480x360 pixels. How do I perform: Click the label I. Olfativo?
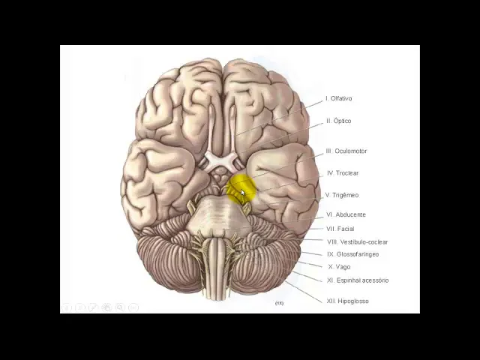click(339, 98)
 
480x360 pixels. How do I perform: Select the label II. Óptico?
click(338, 121)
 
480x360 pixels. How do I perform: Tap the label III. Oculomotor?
click(346, 151)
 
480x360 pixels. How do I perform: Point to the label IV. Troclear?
click(343, 173)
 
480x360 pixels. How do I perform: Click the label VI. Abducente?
click(346, 214)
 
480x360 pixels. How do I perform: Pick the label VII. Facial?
click(340, 229)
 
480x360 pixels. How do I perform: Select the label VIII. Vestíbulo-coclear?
click(357, 241)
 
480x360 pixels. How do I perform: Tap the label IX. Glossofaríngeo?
click(352, 254)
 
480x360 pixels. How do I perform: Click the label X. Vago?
click(339, 267)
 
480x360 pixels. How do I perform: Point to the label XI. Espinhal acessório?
click(358, 280)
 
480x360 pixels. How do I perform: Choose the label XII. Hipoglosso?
click(347, 301)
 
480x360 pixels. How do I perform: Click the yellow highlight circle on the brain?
click(241, 189)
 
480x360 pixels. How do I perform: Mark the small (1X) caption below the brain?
click(279, 303)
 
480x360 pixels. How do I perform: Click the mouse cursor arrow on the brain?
click(243, 193)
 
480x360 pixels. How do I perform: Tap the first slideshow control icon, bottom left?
click(67, 307)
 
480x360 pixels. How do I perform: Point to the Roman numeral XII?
click(331, 301)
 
